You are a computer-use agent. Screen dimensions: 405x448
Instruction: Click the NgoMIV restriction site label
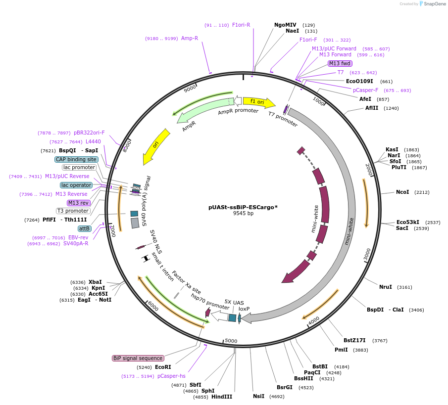point(285,25)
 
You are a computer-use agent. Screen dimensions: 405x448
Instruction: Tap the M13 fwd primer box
point(340,63)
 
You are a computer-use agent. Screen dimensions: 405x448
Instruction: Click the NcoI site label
point(402,192)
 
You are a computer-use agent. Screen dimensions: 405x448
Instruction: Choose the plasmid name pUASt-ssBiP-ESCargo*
point(243,207)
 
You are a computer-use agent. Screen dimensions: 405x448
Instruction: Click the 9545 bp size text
point(243,214)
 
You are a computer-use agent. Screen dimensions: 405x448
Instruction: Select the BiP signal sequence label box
point(138,358)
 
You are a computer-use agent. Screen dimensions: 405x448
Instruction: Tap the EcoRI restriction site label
point(163,367)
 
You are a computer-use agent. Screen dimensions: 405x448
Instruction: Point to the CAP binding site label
point(76,159)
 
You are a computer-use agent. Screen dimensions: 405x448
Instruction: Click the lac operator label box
point(76,185)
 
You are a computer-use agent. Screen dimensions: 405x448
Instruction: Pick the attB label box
point(84,228)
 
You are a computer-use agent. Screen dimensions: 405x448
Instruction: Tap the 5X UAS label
point(234,302)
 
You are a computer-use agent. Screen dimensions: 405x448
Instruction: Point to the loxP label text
point(244,309)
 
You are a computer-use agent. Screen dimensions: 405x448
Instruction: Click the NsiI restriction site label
point(258,396)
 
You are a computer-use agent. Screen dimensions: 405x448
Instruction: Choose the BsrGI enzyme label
point(285,387)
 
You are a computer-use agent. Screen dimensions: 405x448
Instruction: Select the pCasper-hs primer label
point(171,376)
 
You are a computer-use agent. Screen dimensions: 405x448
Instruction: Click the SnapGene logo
point(431,4)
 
